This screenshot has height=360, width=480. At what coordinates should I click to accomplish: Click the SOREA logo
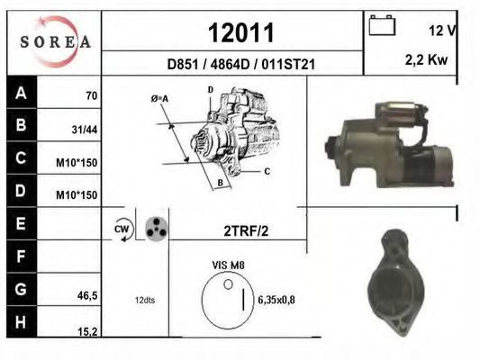point(55,42)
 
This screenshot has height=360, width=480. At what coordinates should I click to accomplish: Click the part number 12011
point(241,32)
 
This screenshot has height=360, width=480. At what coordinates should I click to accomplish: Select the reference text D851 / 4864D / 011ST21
point(241,64)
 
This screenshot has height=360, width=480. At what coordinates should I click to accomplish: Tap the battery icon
point(382,25)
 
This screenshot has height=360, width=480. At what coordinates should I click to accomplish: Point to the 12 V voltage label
point(442,31)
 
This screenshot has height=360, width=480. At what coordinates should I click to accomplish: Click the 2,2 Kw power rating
point(426,60)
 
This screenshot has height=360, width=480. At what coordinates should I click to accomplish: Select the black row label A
point(21,92)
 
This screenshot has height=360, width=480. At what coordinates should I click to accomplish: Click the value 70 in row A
point(92,95)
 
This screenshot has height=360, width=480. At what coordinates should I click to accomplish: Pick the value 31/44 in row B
point(85,130)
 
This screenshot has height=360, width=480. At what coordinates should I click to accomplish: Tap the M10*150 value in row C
point(77,163)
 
